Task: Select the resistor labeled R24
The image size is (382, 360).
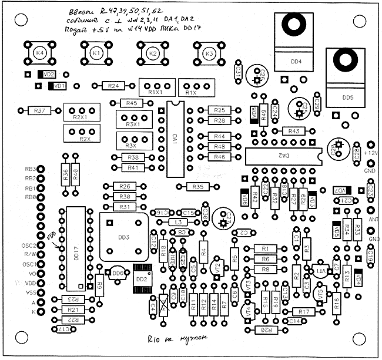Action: coord(114,86)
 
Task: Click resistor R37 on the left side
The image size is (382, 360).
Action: coord(40,110)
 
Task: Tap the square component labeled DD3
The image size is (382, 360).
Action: coord(124,237)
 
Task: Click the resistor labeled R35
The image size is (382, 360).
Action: coord(198,187)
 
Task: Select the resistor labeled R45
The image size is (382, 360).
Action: coord(132,103)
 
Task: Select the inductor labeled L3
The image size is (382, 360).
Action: coord(178,223)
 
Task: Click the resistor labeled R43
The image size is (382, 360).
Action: coord(293,131)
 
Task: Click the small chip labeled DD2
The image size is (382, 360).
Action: coord(142,278)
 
